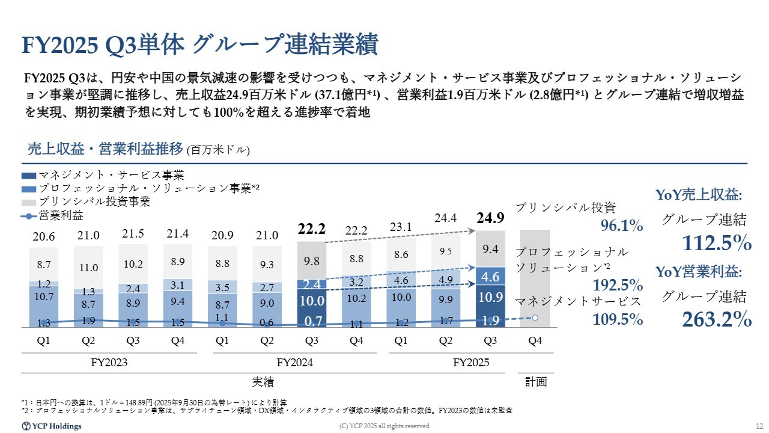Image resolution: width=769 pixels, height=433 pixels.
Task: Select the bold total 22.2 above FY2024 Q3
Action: pyautogui.click(x=311, y=229)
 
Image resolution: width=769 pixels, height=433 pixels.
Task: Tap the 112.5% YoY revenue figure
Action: pyautogui.click(x=717, y=242)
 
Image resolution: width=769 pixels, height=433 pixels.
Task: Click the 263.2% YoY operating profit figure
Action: pyautogui.click(x=717, y=319)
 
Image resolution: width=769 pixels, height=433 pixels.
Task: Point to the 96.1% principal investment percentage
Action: pyautogui.click(x=622, y=226)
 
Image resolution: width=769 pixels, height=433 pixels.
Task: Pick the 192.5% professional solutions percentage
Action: pyautogui.click(x=618, y=284)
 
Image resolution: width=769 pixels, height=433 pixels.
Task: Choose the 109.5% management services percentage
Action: pyautogui.click(x=618, y=319)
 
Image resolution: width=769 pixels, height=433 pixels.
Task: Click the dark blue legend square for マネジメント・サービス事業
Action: pyautogui.click(x=29, y=175)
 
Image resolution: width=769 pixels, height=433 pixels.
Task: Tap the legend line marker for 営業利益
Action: pyautogui.click(x=29, y=215)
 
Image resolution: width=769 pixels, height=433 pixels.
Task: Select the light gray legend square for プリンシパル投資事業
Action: pyautogui.click(x=29, y=202)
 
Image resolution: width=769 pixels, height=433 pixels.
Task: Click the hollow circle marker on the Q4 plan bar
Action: pyautogui.click(x=535, y=317)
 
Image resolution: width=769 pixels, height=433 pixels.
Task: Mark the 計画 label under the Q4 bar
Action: pyautogui.click(x=535, y=381)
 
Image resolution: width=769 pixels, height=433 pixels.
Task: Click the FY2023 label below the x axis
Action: pyautogui.click(x=110, y=363)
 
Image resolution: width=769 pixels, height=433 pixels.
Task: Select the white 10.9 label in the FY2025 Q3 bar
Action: pyautogui.click(x=490, y=298)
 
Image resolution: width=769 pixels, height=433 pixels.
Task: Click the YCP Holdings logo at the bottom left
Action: pyautogui.click(x=52, y=426)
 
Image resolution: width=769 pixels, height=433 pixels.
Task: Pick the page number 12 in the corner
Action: pyautogui.click(x=758, y=426)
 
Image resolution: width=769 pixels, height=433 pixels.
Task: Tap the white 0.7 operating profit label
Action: pyautogui.click(x=312, y=322)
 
